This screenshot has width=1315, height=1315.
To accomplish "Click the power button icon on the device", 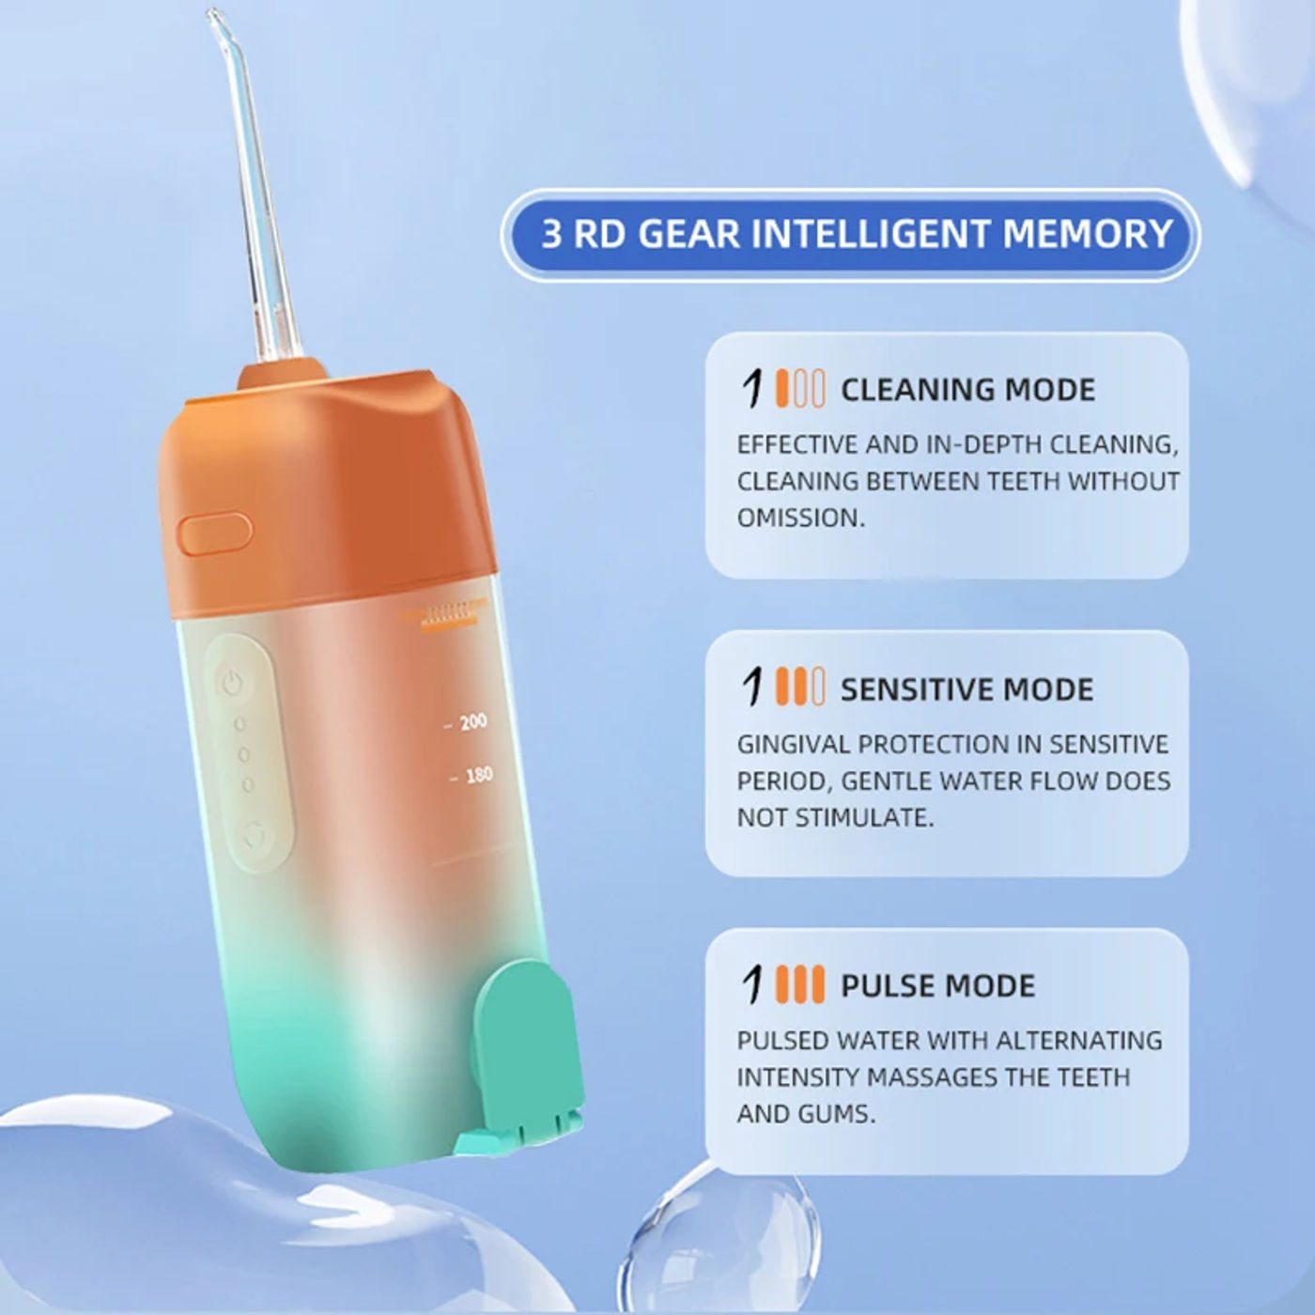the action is (x=232, y=682).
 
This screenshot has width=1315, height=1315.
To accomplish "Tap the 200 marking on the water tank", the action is (x=472, y=721).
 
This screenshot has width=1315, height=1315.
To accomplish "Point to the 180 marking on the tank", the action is (x=478, y=775).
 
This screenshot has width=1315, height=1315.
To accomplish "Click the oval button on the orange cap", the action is (x=215, y=533).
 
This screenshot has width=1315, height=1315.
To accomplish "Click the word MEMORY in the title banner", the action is (x=1087, y=233).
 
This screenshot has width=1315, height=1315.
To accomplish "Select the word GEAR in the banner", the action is (x=689, y=233).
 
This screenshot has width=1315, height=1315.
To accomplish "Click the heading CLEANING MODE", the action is (x=967, y=390).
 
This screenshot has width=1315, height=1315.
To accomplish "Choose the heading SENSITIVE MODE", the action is (x=967, y=688).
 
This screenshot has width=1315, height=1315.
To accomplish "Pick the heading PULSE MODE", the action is (x=937, y=986).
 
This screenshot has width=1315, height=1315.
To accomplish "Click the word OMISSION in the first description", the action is (x=800, y=518).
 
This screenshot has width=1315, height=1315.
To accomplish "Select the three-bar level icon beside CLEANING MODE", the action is (x=800, y=389).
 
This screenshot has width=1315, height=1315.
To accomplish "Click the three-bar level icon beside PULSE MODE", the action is (x=800, y=984).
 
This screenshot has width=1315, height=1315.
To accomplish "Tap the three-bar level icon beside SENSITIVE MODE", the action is (x=800, y=688).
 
